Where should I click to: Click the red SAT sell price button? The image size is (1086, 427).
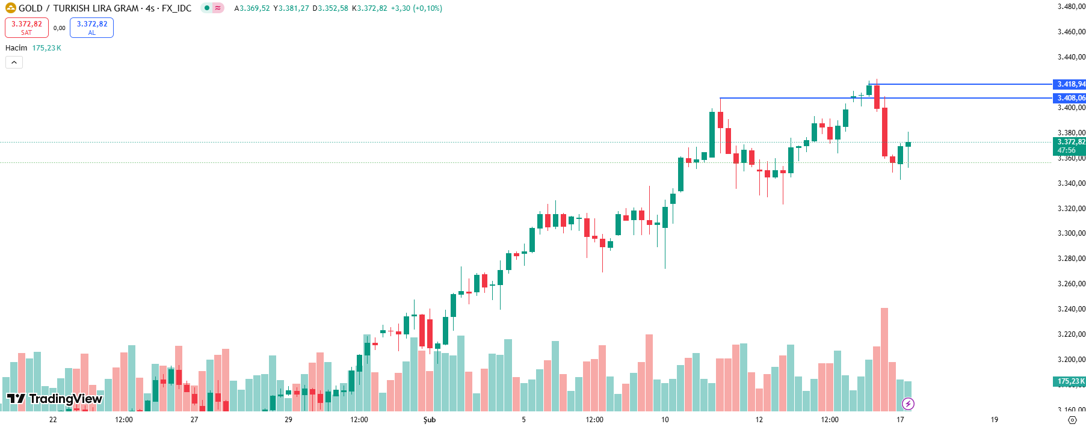pyautogui.click(x=26, y=28)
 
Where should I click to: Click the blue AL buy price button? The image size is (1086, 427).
pyautogui.click(x=91, y=28)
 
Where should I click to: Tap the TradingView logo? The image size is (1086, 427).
pyautogui.click(x=55, y=399)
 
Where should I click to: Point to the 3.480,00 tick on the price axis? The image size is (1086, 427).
pyautogui.click(x=1071, y=7)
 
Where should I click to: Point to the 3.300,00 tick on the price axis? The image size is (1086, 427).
pyautogui.click(x=1071, y=233)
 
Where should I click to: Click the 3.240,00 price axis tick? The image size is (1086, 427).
pyautogui.click(x=1071, y=309)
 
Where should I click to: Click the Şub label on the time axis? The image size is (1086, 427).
pyautogui.click(x=430, y=420)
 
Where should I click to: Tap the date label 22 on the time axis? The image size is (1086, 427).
pyautogui.click(x=53, y=420)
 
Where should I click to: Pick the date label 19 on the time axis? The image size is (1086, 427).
pyautogui.click(x=994, y=420)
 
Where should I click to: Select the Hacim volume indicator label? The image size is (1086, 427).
pyautogui.click(x=16, y=48)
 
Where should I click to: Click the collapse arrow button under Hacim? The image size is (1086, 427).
pyautogui.click(x=14, y=62)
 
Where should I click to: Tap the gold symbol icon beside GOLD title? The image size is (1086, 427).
pyautogui.click(x=10, y=8)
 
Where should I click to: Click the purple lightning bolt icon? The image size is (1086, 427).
pyautogui.click(x=908, y=404)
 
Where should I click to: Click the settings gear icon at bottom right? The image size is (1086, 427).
pyautogui.click(x=1072, y=420)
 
